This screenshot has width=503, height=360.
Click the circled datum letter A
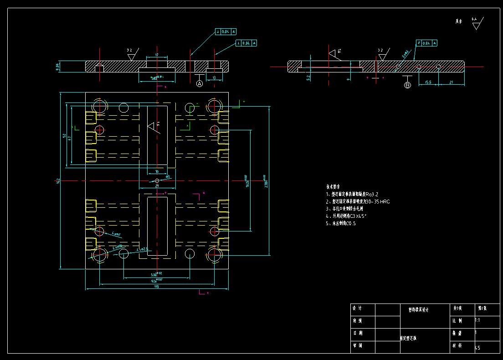(x=199, y=84)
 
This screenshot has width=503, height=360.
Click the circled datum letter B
(x=407, y=85)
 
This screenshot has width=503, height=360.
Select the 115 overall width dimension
(x=156, y=287)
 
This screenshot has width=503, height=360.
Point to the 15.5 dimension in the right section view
(x=428, y=82)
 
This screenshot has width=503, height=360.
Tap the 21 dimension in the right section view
(x=452, y=82)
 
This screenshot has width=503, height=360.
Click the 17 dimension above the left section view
(x=157, y=55)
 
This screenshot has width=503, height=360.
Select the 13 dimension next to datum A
(x=214, y=78)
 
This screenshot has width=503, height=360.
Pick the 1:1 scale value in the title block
(x=477, y=320)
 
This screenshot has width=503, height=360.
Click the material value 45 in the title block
(x=477, y=348)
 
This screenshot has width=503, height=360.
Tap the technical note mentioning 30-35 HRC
(x=358, y=201)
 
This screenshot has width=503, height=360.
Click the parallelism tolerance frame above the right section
(x=426, y=43)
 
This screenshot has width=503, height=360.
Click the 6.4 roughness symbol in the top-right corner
(x=476, y=23)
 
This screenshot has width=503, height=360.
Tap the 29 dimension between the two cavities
(x=157, y=185)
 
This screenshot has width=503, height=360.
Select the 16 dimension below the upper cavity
(x=157, y=172)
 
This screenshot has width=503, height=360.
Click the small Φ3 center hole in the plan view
(x=157, y=181)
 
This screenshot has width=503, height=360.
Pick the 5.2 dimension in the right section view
(x=309, y=78)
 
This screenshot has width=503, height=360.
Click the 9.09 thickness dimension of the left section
(x=57, y=67)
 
